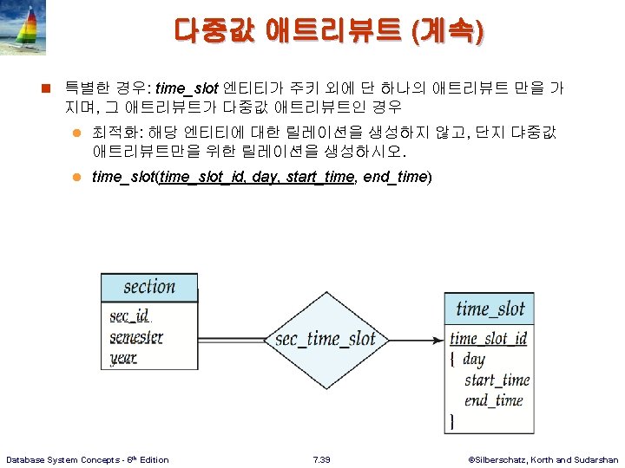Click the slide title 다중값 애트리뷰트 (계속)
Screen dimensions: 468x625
(330, 31)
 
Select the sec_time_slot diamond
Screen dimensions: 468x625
(325, 339)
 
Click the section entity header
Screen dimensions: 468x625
(149, 288)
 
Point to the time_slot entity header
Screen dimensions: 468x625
(490, 308)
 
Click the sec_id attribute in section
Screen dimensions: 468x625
(129, 315)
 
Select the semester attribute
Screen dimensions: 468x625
(136, 336)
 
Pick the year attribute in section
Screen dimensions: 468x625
(123, 356)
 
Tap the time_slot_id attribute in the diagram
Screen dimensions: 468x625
(489, 338)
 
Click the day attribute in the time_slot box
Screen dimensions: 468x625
(474, 359)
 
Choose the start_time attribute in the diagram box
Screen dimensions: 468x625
(497, 380)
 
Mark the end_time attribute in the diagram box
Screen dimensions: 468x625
(493, 400)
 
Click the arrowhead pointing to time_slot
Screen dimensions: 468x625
(437, 339)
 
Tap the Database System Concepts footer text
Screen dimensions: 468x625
(88, 459)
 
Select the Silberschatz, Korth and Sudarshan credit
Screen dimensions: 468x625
(543, 459)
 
